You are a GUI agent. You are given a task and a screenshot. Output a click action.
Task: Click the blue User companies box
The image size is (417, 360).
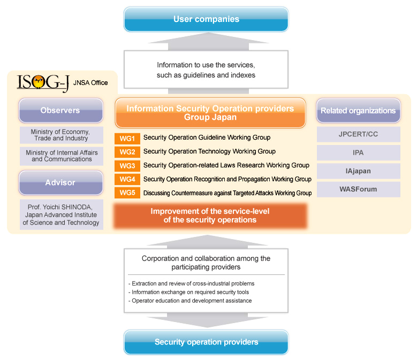pos(206,19)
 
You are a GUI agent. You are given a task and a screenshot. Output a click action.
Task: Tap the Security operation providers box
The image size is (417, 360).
pos(206,342)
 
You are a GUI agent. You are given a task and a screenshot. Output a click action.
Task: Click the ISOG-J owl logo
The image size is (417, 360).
pos(37,82)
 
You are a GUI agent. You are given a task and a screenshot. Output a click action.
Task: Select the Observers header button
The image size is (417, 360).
pos(60,111)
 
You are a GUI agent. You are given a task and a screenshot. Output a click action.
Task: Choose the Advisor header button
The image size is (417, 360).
pos(60,182)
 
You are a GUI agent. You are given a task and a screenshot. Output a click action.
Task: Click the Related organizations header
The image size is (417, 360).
pos(358,111)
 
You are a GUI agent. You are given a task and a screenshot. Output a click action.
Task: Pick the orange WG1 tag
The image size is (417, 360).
pos(126,138)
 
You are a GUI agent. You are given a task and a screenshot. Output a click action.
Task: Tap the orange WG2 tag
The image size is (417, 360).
pos(126,152)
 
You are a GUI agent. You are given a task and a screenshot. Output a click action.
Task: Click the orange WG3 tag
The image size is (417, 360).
pos(126,165)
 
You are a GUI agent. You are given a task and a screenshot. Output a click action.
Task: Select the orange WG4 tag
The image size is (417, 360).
pos(126,179)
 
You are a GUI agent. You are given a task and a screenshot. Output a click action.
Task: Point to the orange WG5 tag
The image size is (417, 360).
pos(126,193)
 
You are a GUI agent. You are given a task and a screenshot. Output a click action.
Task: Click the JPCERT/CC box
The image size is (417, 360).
pos(358,134)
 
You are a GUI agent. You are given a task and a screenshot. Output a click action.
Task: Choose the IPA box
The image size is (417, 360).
pos(358,152)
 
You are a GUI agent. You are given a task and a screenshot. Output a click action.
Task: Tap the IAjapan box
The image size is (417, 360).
pos(358,171)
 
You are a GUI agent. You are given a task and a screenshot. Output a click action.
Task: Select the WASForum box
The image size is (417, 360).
pos(358,189)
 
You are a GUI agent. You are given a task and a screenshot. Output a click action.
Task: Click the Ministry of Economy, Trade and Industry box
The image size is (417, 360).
pos(60,135)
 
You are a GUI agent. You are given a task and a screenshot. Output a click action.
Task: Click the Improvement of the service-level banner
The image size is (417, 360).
pos(210,216)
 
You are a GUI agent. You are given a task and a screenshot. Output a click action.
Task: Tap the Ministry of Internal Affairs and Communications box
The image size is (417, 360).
pos(60,156)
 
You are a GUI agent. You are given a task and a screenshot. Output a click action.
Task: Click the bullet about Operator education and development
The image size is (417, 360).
pos(190,301)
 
